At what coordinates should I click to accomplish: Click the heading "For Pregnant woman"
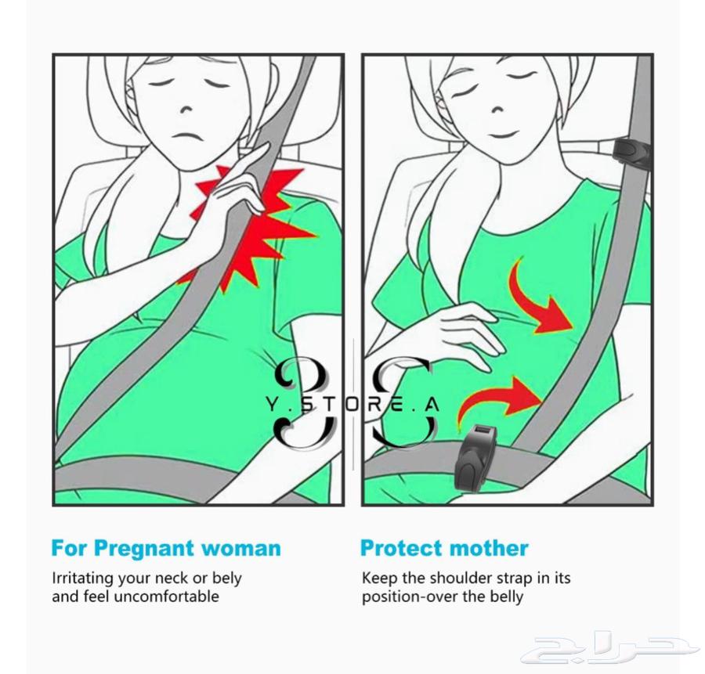pyautogui.click(x=166, y=548)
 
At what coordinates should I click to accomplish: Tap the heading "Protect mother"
pyautogui.click(x=444, y=548)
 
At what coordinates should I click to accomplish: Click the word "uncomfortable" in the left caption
pyautogui.click(x=166, y=597)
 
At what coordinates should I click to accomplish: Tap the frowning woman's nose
pyautogui.click(x=187, y=109)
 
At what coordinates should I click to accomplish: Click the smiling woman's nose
pyautogui.click(x=498, y=109)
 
